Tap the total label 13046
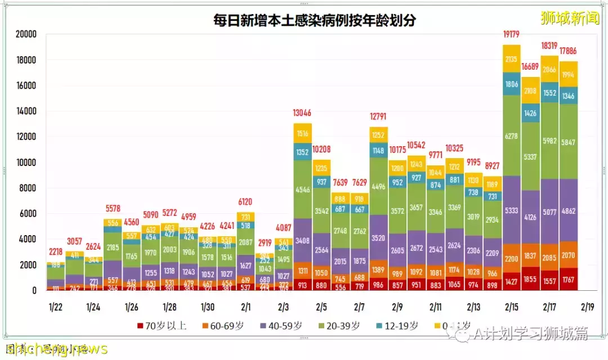[303, 113]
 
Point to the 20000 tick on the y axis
[25, 34]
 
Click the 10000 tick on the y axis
[25, 163]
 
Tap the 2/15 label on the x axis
[512, 307]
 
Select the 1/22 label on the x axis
[55, 307]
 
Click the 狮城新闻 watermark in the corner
[569, 18]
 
